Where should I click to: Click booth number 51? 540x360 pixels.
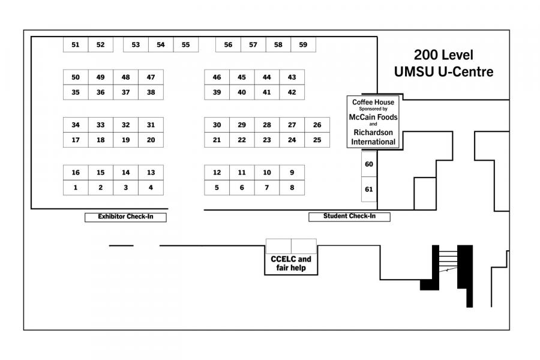coord(76,45)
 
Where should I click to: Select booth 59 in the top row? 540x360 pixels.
coord(303,45)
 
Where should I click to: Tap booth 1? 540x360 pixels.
coord(76,188)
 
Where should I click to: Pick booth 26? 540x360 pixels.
coord(317,125)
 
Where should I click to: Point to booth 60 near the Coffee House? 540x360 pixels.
coord(369,164)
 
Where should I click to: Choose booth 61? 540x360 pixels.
coord(369,190)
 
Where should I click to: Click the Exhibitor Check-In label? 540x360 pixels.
coord(125,217)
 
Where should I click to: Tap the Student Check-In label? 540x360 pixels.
coord(349,217)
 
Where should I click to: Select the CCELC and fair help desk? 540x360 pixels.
coord(291,263)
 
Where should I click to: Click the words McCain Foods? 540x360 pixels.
coord(373,117)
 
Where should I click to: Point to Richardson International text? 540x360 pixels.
coord(374,137)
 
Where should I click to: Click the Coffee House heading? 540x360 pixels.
coord(373,103)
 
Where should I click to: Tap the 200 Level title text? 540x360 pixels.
coord(443,55)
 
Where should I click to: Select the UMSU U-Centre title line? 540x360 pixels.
coord(443,72)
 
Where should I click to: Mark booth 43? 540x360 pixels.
coord(292,77)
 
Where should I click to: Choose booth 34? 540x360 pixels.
coord(76,125)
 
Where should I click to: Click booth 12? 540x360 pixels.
coord(217,173)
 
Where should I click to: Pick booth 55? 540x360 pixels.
coord(185,45)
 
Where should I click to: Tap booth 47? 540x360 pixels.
coord(151,77)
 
